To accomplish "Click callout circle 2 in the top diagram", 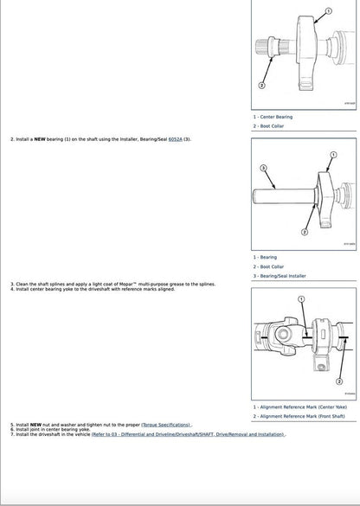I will (x=262, y=86).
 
